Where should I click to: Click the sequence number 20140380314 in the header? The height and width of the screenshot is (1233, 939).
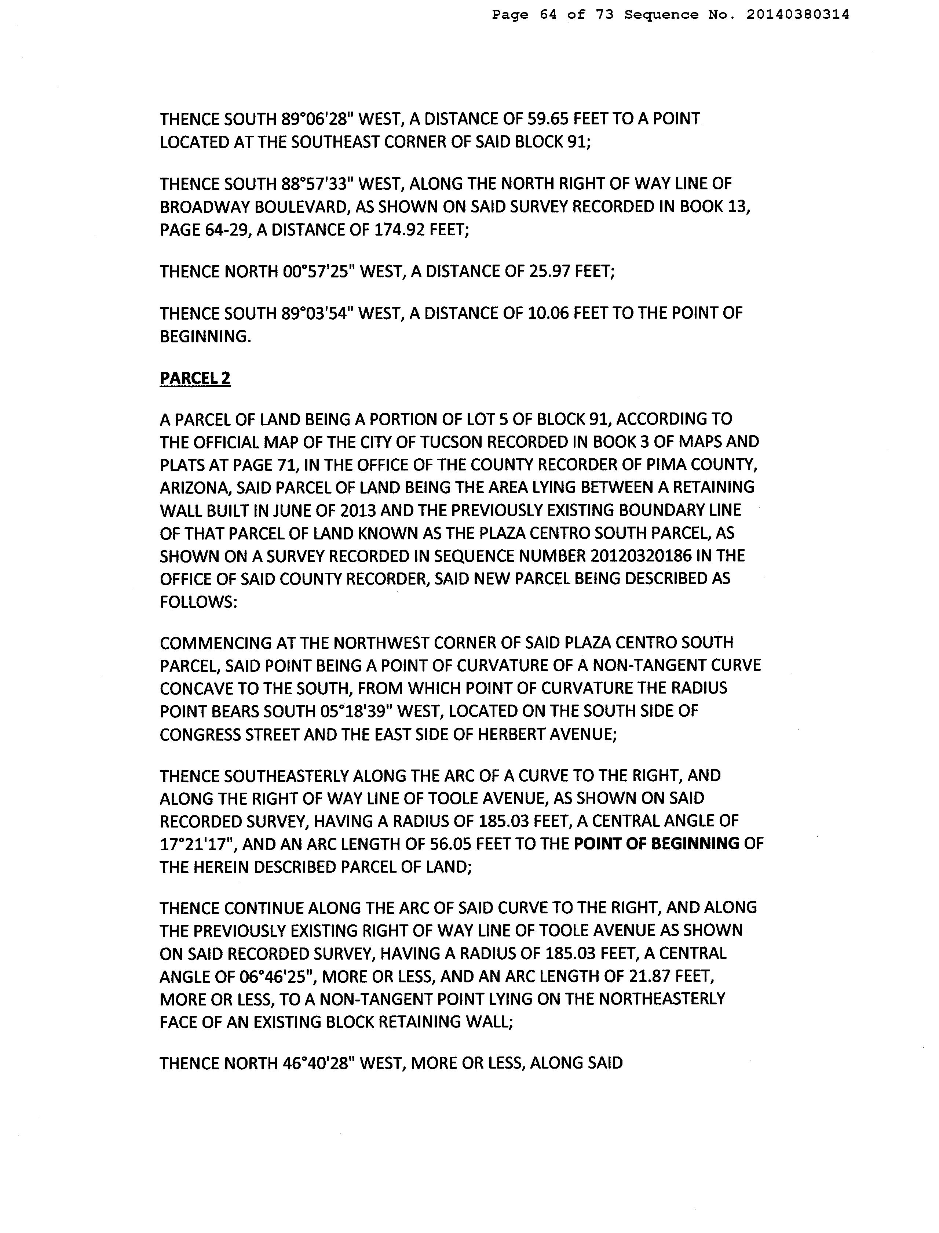coord(797,15)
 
